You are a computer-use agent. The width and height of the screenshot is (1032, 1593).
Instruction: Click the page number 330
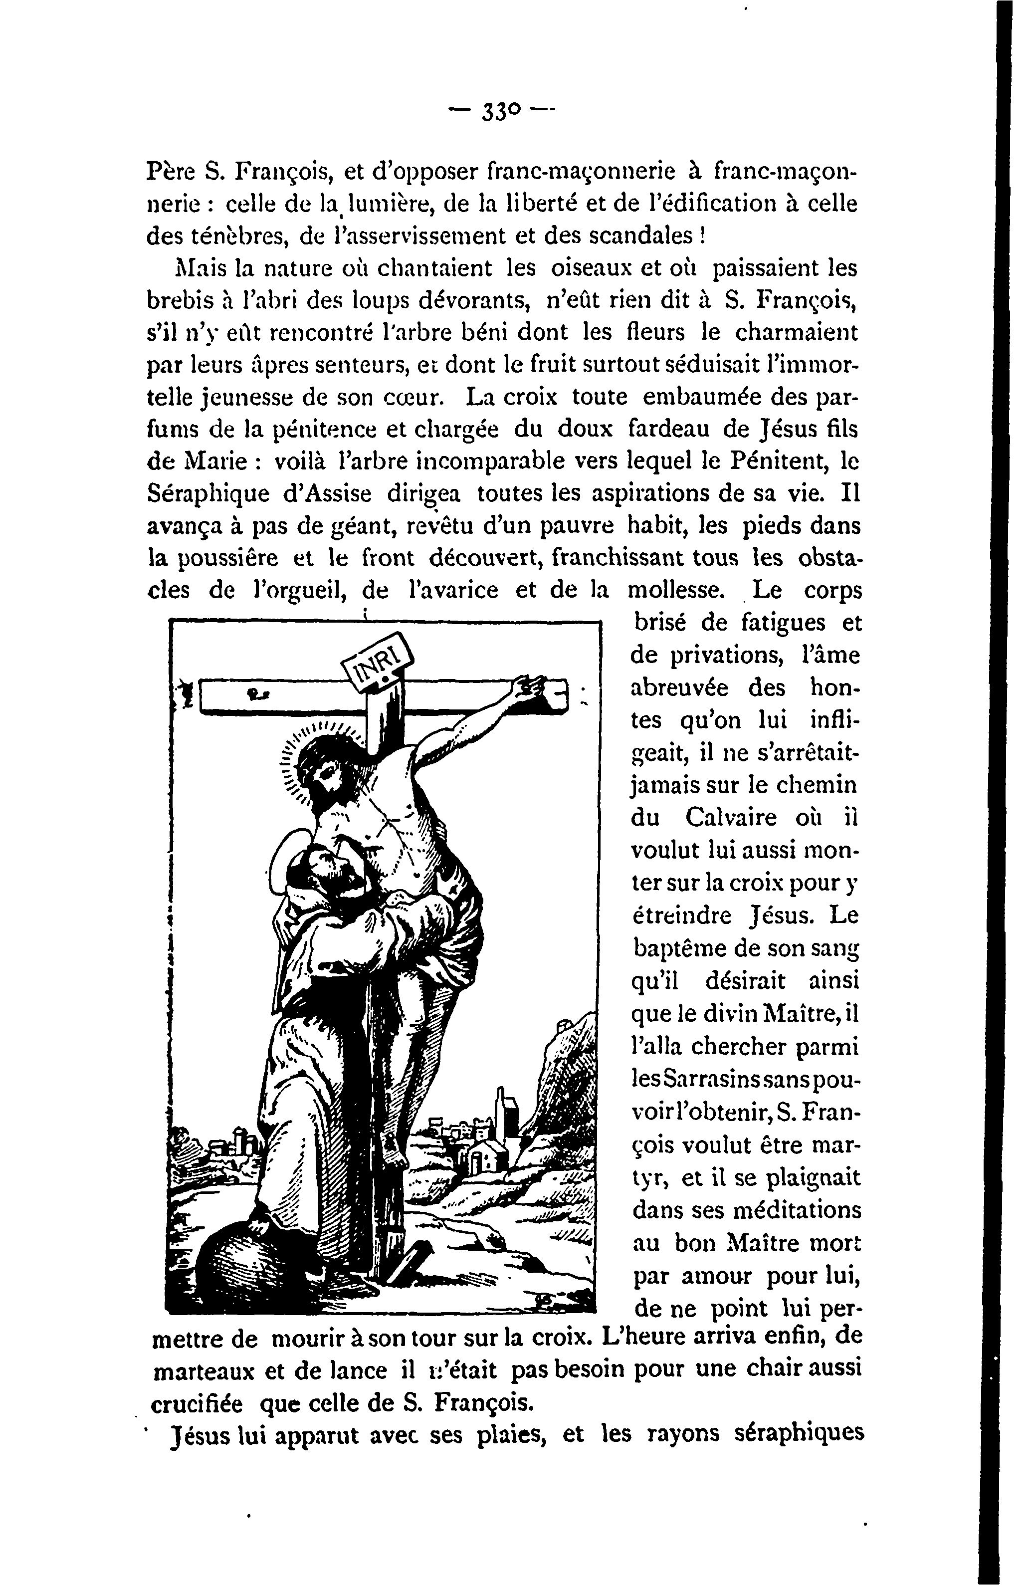501,110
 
